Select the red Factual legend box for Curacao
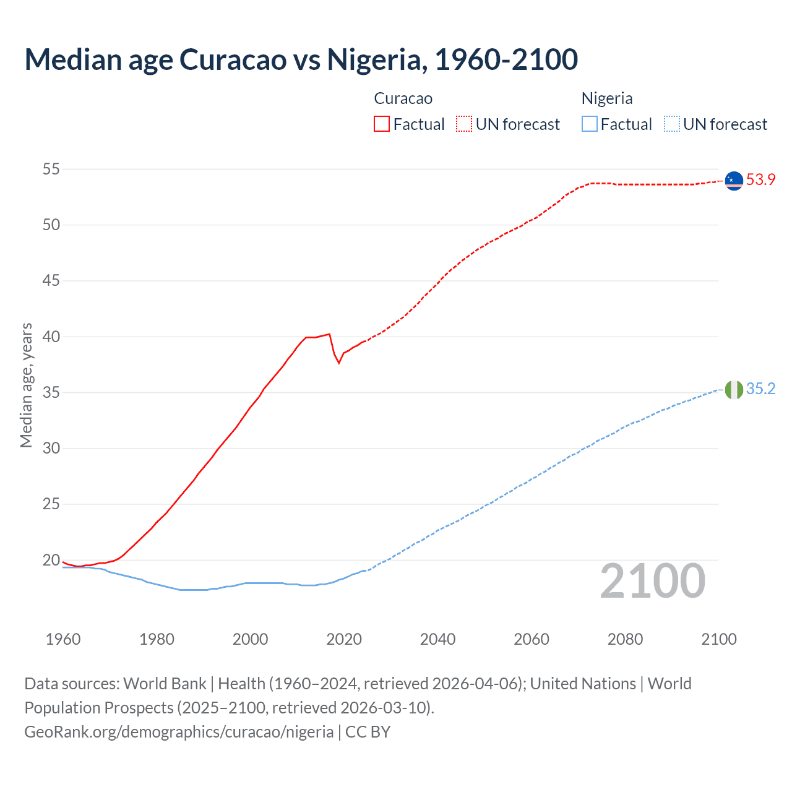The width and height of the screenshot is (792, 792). pos(382,124)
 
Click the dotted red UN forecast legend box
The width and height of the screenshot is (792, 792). pos(464,124)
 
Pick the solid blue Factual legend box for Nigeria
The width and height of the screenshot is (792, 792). pos(590,124)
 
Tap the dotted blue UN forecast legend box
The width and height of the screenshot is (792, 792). pos(671,124)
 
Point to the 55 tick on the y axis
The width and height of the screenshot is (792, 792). pos(51,169)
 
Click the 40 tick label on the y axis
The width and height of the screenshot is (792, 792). pos(51,337)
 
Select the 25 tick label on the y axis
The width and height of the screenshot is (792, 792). pos(51,504)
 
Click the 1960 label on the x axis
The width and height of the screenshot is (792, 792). pos(62,639)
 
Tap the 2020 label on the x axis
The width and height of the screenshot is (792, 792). pos(344,639)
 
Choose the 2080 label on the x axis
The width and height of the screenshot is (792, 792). pos(625,639)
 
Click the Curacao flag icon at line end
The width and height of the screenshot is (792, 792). pos(734,180)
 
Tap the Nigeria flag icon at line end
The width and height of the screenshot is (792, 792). pos(734,390)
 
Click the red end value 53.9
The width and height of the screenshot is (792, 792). pos(760,180)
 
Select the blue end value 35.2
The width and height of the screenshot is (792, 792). pos(760,389)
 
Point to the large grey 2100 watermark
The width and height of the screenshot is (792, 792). pos(652,581)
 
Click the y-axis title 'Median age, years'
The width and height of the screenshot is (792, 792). pos(26,385)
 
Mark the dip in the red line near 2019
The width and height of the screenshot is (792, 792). pos(339,363)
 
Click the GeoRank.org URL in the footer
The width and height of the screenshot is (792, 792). pos(179,732)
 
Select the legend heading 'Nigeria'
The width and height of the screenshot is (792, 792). pos(606,98)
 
